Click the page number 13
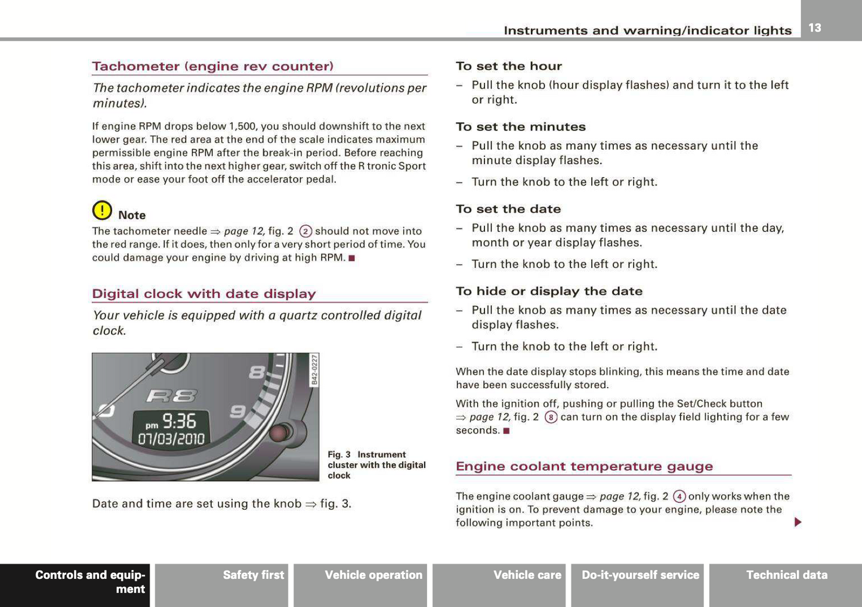tap(815, 27)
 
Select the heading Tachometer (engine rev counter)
tap(212, 66)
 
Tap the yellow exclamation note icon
tap(102, 210)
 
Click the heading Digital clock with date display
tap(203, 293)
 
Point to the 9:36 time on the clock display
tap(179, 422)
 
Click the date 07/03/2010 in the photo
tap(171, 439)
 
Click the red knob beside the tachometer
tap(280, 432)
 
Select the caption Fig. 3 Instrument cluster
tap(376, 464)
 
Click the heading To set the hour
tap(508, 66)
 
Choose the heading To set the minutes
tap(520, 127)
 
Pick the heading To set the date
tap(508, 209)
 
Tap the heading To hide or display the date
tap(549, 292)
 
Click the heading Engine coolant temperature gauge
tap(584, 466)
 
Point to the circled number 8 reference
tap(551, 417)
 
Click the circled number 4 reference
tap(679, 497)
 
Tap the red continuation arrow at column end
tap(798, 522)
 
